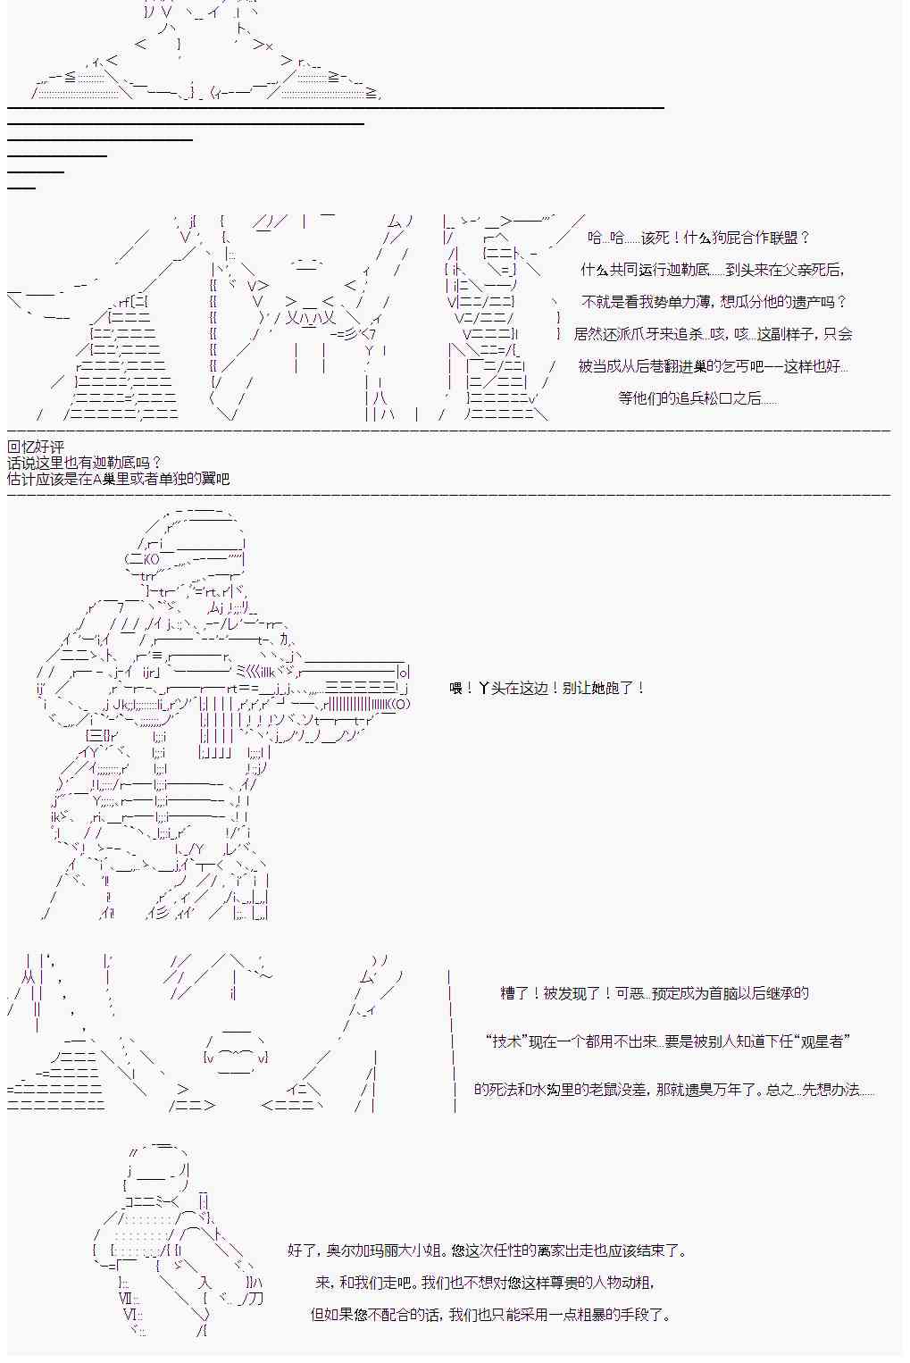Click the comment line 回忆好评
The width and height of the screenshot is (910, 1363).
[x=36, y=447]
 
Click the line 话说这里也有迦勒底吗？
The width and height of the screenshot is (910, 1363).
[x=85, y=463]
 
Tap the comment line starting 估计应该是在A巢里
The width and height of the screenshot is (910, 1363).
[x=119, y=479]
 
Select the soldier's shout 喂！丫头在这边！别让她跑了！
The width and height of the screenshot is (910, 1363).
[x=547, y=688]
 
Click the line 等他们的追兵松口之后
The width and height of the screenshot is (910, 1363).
[x=697, y=398]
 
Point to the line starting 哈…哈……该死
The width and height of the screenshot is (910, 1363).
[x=698, y=238]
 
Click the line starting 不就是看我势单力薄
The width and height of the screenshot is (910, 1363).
[x=714, y=302]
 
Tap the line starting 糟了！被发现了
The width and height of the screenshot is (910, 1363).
[x=655, y=993]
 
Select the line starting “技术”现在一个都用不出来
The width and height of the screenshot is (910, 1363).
[x=668, y=1041]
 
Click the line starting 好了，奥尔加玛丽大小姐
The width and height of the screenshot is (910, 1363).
[x=487, y=1251]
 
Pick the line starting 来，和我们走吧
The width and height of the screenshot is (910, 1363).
[x=486, y=1283]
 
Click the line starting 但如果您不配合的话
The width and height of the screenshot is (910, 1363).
[x=490, y=1315]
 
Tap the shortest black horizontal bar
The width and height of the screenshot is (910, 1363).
[x=21, y=188]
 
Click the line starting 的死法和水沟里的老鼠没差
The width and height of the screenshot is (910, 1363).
[x=674, y=1090]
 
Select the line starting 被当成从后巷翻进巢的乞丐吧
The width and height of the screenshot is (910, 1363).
[x=713, y=366]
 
